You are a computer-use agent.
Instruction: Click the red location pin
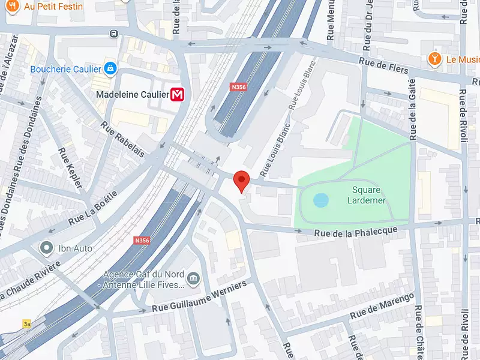pyautogui.click(x=241, y=180)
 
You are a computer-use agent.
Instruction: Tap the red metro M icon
pyautogui.click(x=178, y=94)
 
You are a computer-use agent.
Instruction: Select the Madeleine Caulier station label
pyautogui.click(x=132, y=94)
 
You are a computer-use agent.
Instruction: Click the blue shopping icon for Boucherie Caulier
pyautogui.click(x=110, y=69)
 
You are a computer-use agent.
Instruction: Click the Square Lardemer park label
pyautogui.click(x=366, y=195)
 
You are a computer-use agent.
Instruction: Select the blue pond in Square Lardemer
pyautogui.click(x=321, y=200)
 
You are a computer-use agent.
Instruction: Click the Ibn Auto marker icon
pyautogui.click(x=46, y=247)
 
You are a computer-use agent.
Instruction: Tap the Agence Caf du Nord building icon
pyautogui.click(x=193, y=278)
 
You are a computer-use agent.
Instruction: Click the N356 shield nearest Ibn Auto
pyautogui.click(x=142, y=240)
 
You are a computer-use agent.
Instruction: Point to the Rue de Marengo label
pyautogui.click(x=383, y=306)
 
